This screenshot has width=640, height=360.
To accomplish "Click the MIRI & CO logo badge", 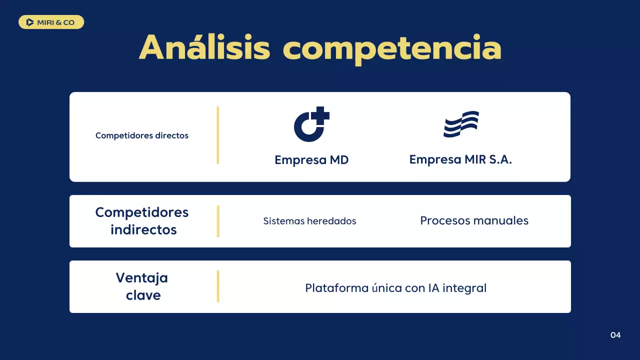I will (51, 22).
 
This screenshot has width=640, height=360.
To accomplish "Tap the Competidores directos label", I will (142, 135).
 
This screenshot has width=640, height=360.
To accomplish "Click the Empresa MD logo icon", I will (310, 125).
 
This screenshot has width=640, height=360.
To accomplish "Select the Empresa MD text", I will (311, 160).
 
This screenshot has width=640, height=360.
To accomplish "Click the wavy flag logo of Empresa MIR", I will (460, 124).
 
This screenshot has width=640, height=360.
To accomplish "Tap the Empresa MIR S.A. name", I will (460, 159).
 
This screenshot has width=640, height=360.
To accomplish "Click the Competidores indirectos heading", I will (142, 220).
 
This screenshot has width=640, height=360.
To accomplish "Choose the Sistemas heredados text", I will (309, 221).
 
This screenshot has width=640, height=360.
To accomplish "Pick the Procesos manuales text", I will (474, 220).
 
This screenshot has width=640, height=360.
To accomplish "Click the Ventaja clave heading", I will (142, 286).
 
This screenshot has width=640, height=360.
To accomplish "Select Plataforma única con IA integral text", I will (395, 288).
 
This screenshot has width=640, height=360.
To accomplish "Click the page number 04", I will (615, 335).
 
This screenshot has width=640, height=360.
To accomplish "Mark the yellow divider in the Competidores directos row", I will (218, 135).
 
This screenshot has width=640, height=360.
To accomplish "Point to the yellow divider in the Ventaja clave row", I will (218, 286).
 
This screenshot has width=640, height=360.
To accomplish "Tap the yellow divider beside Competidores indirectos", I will (218, 221).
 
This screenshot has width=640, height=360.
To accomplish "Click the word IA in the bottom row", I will (433, 288).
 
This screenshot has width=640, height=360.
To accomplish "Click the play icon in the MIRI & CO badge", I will (30, 22).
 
